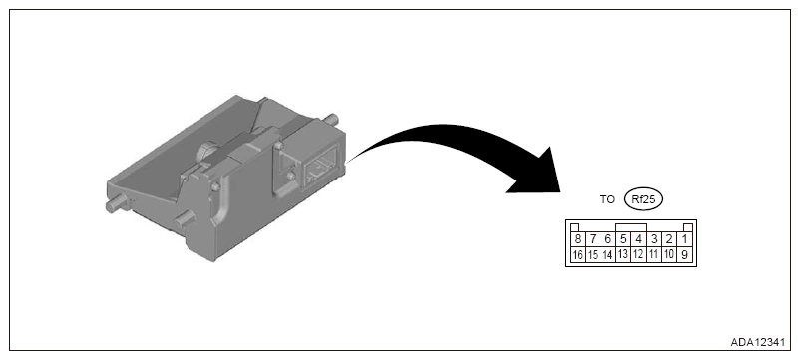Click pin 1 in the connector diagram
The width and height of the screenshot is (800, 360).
tap(684, 238)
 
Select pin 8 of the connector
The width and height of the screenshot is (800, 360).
tap(577, 238)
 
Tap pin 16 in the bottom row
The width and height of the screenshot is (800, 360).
tap(577, 254)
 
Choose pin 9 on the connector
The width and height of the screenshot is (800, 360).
tap(684, 254)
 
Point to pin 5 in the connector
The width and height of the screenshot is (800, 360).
tap(623, 238)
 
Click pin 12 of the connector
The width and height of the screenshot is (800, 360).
tap(638, 254)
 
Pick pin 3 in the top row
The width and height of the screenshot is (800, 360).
tap(653, 238)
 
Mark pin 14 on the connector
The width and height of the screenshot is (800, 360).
tap(607, 254)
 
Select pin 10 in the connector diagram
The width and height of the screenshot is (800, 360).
tap(669, 254)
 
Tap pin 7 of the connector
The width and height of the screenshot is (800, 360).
tap(593, 238)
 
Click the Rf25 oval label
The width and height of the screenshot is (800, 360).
tap(643, 199)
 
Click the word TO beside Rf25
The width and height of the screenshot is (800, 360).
tap(607, 199)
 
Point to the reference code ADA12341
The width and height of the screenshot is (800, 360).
tap(758, 343)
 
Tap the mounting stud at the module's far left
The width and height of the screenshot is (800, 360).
tap(118, 204)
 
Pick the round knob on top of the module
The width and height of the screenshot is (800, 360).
tap(207, 152)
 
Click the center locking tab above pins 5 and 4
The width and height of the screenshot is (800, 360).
tap(631, 227)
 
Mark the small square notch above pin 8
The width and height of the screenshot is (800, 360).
tap(574, 227)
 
